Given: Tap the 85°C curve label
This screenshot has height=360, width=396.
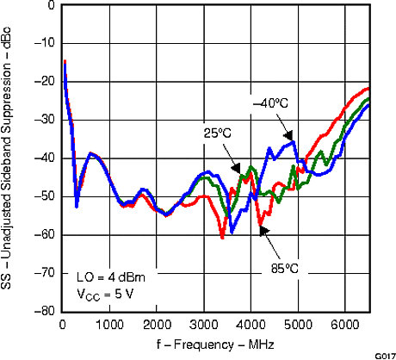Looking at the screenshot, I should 281,268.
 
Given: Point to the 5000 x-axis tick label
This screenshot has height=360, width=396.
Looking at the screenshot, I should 298,323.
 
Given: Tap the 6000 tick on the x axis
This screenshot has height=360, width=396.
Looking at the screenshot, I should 345,323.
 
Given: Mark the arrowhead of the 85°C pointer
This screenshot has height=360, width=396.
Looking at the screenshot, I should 262,227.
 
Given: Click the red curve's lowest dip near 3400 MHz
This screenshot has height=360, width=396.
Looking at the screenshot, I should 222,236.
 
